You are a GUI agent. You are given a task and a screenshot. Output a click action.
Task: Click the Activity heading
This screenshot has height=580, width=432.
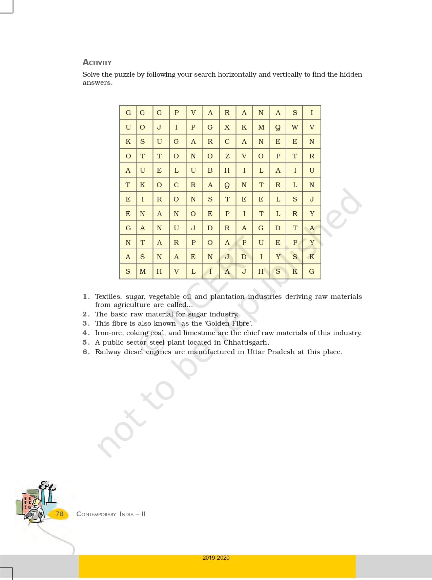[97, 62]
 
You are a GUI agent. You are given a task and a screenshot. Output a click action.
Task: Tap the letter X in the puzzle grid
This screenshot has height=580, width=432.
[227, 127]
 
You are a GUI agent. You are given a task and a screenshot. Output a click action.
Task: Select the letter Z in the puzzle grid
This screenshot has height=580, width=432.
[227, 156]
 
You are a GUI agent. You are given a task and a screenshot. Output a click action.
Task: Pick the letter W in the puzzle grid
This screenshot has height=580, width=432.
[295, 127]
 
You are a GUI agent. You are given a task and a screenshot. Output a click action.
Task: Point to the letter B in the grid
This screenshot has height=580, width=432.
[210, 170]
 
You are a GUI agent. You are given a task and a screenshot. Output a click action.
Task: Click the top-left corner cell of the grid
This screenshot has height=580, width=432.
[128, 113]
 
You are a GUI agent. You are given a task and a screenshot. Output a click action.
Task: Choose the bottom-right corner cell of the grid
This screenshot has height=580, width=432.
[312, 271]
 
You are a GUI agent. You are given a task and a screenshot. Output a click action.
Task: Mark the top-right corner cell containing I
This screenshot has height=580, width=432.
[312, 113]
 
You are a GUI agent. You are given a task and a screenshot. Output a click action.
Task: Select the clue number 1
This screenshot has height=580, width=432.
[86, 297]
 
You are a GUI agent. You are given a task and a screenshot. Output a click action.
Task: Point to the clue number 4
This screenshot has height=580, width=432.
[86, 333]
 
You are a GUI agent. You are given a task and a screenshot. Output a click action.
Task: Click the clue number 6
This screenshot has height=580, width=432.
[86, 352]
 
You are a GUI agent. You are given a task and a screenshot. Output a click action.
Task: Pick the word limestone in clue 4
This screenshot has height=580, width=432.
[199, 333]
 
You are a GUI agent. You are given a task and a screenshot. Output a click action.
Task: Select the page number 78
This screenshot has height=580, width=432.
[60, 514]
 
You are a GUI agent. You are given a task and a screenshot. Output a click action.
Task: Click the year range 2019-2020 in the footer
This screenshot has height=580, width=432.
[216, 558]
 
